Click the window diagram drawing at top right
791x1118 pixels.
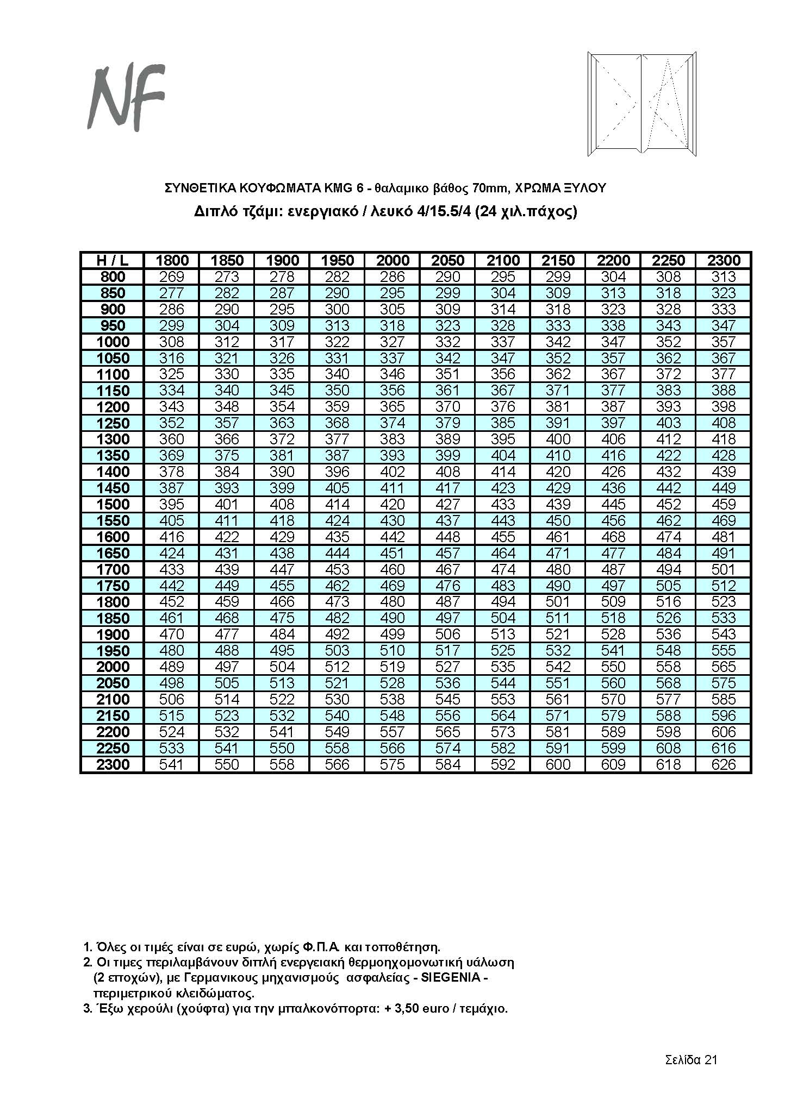(643, 104)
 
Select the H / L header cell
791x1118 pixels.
(113, 260)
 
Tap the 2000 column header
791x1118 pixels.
(393, 260)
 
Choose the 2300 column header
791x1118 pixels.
(724, 260)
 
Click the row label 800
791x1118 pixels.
(113, 277)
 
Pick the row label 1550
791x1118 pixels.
(113, 520)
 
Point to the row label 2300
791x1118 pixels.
(113, 764)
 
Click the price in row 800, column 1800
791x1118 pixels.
(172, 277)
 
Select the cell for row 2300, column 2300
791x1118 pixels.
(724, 764)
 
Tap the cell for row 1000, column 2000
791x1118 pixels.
(393, 342)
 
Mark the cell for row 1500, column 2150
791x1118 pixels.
(558, 504)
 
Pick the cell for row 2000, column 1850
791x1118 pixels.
(227, 667)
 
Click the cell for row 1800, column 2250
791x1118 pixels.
(669, 601)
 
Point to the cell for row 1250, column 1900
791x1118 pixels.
(282, 423)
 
